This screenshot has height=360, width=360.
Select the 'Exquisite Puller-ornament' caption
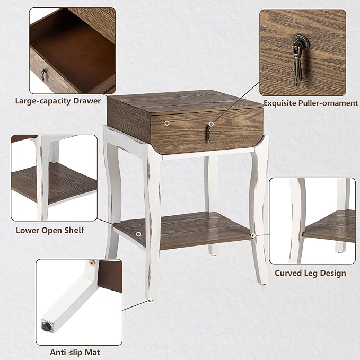310,103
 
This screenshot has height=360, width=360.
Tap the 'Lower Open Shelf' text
50,230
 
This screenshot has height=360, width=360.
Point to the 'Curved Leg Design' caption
310,273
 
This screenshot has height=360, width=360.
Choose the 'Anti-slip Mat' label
75,352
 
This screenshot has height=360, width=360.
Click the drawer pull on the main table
209,133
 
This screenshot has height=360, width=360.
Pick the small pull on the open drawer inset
43,74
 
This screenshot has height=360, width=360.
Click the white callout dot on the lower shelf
138,234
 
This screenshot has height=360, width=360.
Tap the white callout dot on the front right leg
253,234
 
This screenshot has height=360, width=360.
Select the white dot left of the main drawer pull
168,122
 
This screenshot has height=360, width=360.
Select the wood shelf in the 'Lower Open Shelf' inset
64,183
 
